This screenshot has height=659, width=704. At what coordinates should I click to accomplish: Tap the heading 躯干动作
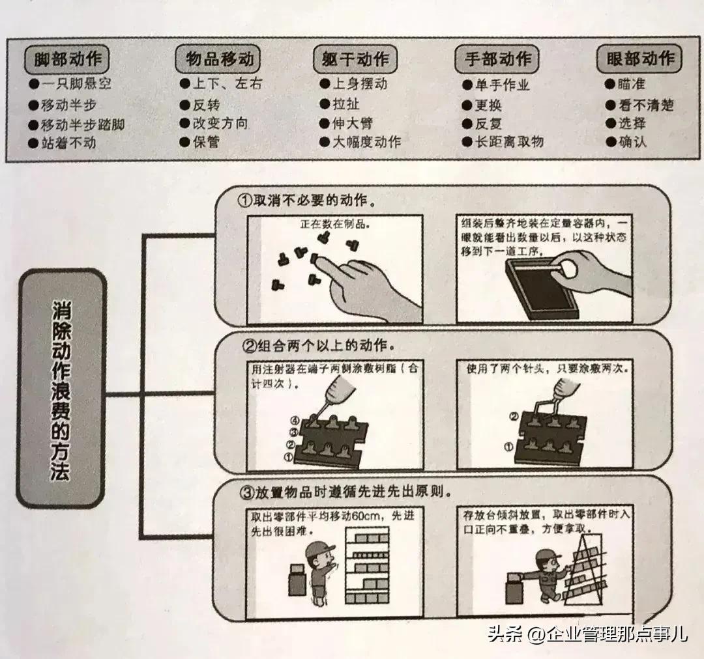[356, 60]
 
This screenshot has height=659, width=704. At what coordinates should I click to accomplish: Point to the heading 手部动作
[497, 60]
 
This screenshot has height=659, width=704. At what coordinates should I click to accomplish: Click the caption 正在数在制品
[334, 223]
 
